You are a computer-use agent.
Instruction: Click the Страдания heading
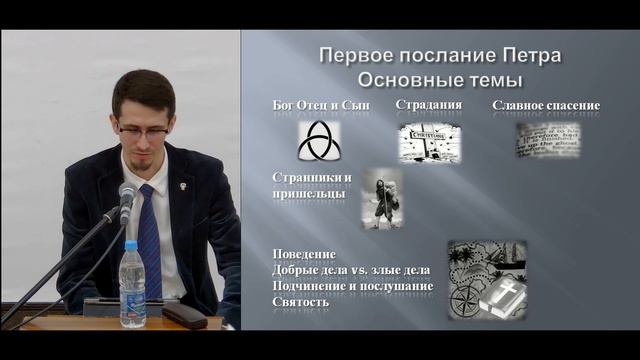(x=428, y=105)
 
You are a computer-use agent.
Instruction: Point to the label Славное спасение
(x=545, y=105)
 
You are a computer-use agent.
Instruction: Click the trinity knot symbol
(x=319, y=143)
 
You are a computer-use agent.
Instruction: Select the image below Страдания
(x=429, y=143)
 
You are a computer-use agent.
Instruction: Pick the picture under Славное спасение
(x=545, y=140)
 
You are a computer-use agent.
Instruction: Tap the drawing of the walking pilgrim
(x=382, y=198)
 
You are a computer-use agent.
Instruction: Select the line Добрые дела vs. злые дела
(x=340, y=271)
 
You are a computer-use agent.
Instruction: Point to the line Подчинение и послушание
(x=352, y=286)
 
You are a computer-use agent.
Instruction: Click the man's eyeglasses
(x=142, y=129)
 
